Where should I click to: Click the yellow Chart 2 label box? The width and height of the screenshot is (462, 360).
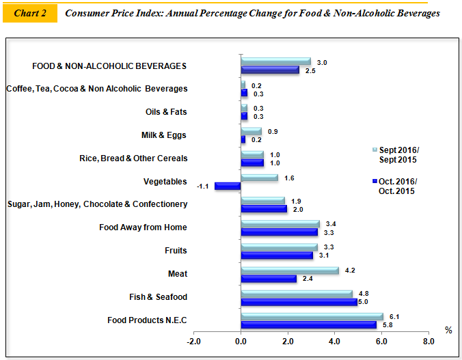(29, 14)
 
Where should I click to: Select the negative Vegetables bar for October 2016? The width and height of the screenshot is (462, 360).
(228, 186)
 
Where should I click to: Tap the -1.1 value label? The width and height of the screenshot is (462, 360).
(203, 186)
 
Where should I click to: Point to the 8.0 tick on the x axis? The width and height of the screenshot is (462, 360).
(428, 341)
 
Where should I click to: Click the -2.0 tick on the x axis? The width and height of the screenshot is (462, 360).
(193, 341)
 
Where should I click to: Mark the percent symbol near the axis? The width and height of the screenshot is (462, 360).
(448, 331)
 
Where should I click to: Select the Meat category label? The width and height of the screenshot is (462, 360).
(177, 274)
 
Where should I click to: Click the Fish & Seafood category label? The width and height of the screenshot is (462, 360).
(158, 297)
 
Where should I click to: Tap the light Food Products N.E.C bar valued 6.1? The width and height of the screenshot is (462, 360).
(312, 316)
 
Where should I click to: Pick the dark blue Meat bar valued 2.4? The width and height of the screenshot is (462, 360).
(269, 279)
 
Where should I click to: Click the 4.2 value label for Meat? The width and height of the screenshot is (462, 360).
(349, 271)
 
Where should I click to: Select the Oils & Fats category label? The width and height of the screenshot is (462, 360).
(166, 112)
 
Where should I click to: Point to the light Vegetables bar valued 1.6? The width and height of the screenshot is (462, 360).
(259, 178)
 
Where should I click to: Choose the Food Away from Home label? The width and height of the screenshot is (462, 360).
(143, 227)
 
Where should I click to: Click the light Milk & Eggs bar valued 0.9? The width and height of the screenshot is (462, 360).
(251, 131)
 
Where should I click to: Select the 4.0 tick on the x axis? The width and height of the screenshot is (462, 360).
(334, 341)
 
